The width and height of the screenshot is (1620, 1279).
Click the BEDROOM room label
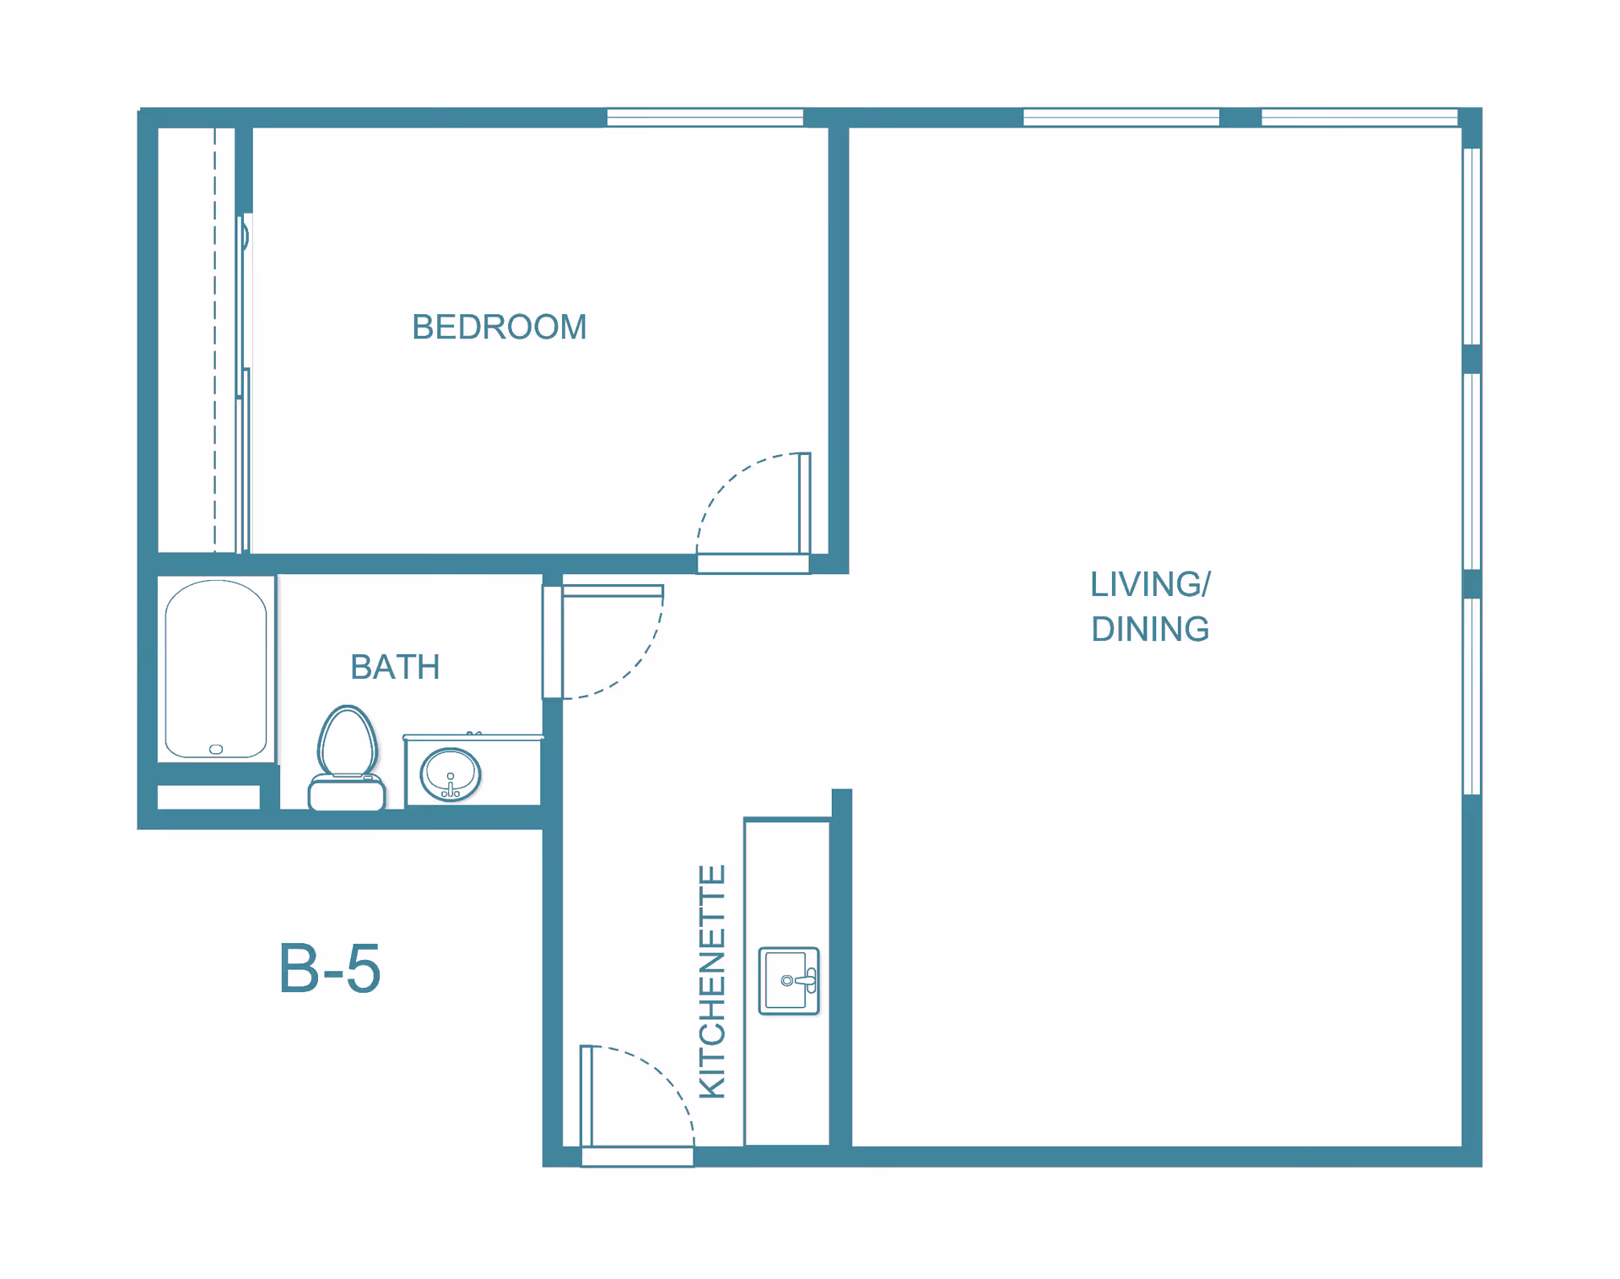pos(499,327)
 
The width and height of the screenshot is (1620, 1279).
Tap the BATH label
pos(395,667)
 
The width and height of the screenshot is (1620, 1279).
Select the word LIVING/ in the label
pos(1150,584)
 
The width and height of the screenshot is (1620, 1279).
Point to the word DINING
pos(1150,629)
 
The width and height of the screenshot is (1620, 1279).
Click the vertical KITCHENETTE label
pos(713,982)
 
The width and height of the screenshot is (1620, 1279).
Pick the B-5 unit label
pos(330,968)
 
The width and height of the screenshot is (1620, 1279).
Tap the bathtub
pos(216,669)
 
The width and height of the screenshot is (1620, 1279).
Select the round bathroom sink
pos(451,774)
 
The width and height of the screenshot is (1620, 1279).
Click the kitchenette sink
pos(789,980)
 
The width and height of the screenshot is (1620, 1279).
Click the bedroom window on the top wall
pos(705,117)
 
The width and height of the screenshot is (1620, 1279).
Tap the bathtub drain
pos(216,749)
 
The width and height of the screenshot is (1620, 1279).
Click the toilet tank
pos(347,795)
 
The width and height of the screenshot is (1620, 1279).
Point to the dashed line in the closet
pos(215,339)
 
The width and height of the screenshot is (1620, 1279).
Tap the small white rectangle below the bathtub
pos(208,797)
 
